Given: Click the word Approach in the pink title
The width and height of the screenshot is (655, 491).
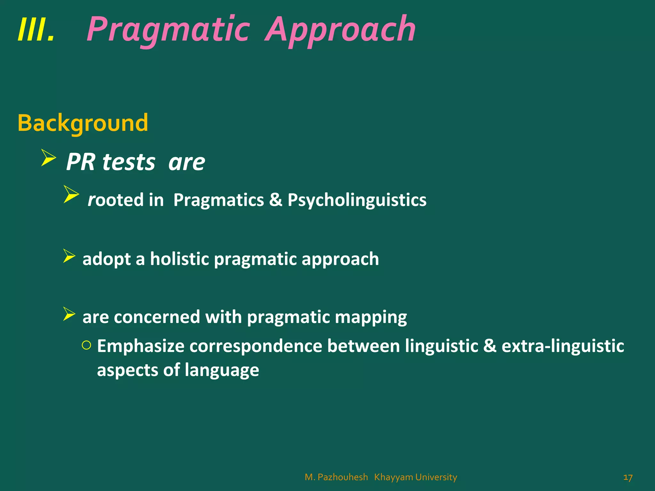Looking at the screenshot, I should (x=340, y=30).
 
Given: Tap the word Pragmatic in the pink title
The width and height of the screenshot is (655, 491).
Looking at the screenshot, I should (x=168, y=30).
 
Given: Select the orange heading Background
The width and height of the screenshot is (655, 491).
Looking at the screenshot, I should (x=83, y=123).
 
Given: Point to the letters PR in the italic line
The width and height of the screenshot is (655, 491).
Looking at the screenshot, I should (x=81, y=162).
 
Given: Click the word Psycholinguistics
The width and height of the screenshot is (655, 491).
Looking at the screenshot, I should (x=357, y=200).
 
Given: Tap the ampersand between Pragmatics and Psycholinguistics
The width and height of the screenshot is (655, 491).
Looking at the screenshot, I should (x=275, y=200).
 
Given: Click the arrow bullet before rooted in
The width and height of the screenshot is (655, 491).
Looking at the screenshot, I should (x=71, y=194).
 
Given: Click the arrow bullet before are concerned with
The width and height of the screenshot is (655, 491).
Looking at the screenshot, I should (x=69, y=314).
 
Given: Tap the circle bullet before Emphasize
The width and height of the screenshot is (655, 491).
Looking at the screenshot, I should (x=86, y=345).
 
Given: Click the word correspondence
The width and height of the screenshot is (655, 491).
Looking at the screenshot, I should (x=256, y=346).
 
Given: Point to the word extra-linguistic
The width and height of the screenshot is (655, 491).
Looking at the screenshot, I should (x=563, y=346).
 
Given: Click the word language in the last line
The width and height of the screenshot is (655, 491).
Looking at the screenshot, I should (x=222, y=370).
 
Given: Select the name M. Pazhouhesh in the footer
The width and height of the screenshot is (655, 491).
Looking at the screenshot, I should (x=336, y=477).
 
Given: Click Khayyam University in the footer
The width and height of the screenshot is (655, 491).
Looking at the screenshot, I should (x=415, y=477).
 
